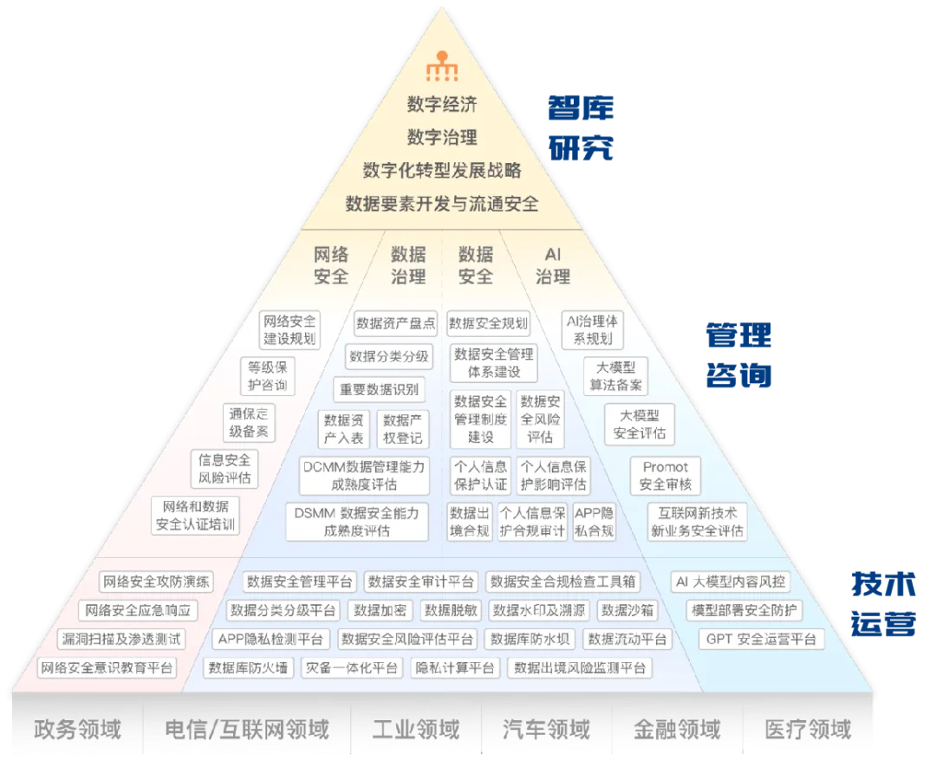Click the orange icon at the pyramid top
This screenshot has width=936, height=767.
[x=442, y=68]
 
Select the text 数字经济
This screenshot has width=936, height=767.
[x=442, y=105]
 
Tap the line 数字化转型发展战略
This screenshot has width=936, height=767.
[x=442, y=170]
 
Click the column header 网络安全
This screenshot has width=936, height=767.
[x=331, y=265]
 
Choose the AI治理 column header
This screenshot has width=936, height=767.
[x=552, y=265]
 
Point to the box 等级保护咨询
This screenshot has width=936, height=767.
[x=267, y=375]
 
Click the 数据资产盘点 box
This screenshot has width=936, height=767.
[x=395, y=323]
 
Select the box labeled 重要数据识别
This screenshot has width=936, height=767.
[x=379, y=388]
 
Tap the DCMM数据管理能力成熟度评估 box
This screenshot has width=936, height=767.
[x=364, y=476]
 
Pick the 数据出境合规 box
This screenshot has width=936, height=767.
[x=470, y=522]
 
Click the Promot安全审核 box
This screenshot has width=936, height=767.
[x=666, y=476]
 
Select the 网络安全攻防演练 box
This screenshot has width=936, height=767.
[x=156, y=582]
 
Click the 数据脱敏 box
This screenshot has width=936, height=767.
[x=451, y=610]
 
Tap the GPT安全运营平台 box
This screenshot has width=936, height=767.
[x=761, y=640]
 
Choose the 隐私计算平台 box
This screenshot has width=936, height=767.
[x=455, y=668]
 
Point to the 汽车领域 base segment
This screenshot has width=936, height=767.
[x=546, y=730]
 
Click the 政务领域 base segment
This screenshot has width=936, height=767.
[x=77, y=730]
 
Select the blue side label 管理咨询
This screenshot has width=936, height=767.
[x=738, y=355]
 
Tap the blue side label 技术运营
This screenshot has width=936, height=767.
[x=883, y=605]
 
